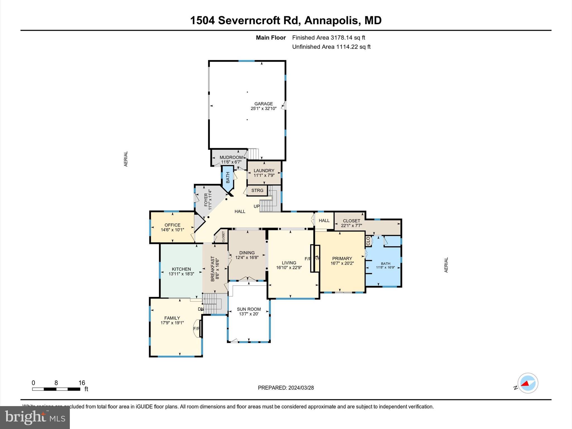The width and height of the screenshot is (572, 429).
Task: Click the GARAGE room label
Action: click(263, 104)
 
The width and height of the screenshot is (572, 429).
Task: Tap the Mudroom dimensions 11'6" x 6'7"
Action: click(231, 162)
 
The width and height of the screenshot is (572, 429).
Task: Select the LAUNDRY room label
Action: click(264, 171)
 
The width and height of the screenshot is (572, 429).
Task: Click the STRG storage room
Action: click(257, 190)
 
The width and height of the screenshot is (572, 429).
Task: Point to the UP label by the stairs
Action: click(256, 206)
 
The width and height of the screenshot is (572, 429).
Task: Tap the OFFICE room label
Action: click(172, 225)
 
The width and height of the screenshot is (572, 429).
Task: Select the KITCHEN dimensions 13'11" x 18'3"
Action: click(181, 274)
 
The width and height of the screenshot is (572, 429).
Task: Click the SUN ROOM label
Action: click(249, 309)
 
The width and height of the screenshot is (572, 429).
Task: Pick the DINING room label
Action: click(247, 253)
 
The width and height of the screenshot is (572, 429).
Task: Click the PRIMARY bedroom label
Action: click(342, 259)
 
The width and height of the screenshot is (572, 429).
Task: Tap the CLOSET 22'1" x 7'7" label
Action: click(351, 223)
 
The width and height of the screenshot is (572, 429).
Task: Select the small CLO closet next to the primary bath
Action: click(368, 241)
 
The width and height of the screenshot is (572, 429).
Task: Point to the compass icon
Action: click(528, 383)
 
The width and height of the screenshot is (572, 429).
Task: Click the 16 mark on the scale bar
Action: click(82, 383)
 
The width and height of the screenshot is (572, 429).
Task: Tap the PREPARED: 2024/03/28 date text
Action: click(286, 388)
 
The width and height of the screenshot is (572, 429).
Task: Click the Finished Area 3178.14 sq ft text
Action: click(328, 38)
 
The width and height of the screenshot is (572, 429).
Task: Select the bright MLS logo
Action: click(35, 417)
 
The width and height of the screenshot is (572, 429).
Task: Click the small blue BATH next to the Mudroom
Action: click(228, 178)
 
